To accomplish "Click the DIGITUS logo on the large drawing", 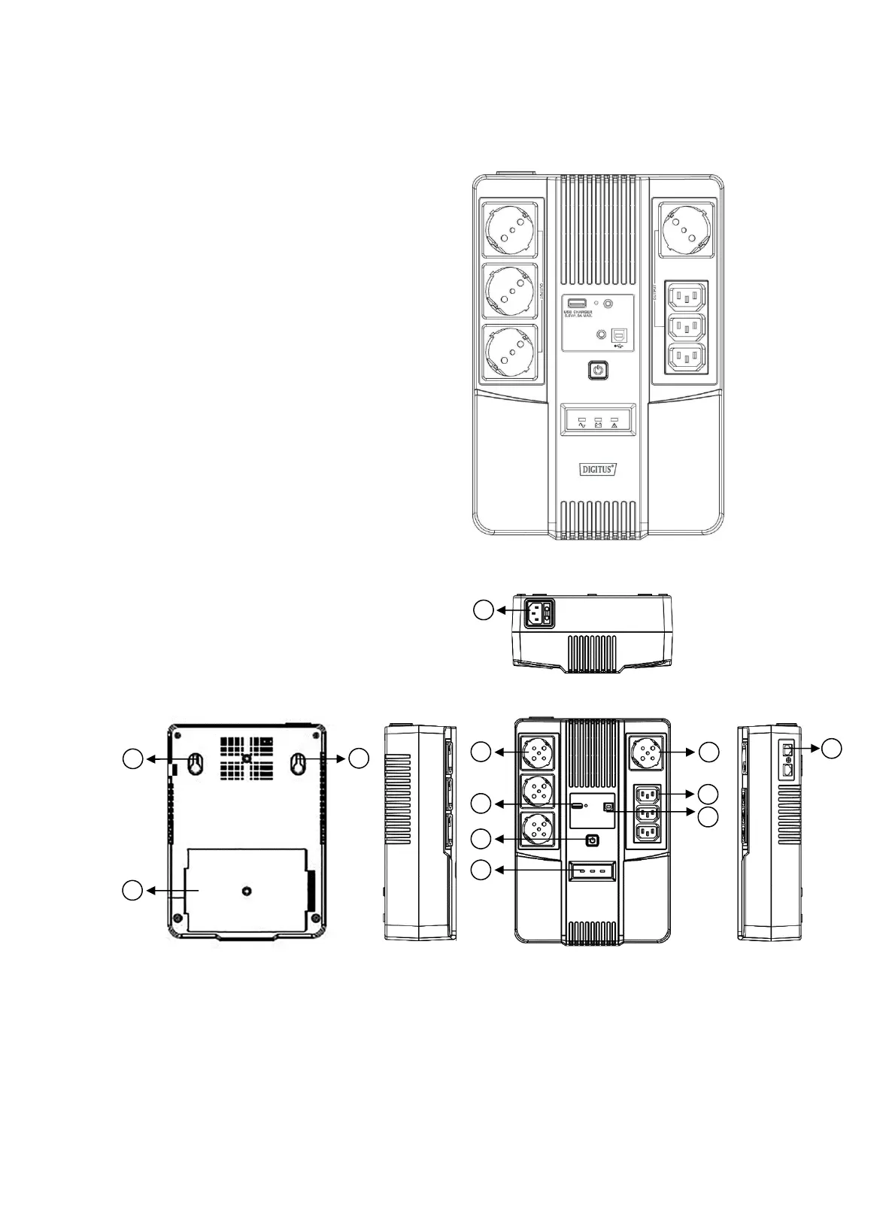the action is (x=599, y=469).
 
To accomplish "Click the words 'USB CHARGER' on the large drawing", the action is (x=578, y=312).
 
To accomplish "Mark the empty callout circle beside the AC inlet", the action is (x=484, y=610).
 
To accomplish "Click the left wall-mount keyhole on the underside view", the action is (x=194, y=764).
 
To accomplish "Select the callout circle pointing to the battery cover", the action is (x=133, y=891).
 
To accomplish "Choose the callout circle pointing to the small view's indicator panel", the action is (x=482, y=870).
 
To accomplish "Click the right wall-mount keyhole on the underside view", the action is (x=297, y=764).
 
